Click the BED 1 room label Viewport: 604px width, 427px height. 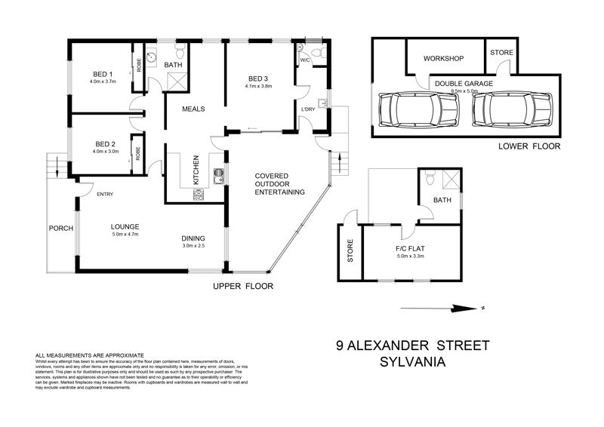coord(103,73)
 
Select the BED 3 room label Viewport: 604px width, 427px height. coord(258,78)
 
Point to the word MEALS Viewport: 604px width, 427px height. coord(195,109)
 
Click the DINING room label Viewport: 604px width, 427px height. coord(193,238)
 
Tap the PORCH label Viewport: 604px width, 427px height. coord(60,229)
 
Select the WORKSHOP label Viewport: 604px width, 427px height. coord(442,58)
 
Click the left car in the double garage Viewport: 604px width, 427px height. coord(407,111)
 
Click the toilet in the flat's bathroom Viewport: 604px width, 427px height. coord(429,179)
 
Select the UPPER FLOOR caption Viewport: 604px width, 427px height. coord(242,286)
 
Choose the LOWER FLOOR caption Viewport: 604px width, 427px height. coord(529,146)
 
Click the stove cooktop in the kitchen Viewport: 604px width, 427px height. coord(200,194)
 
